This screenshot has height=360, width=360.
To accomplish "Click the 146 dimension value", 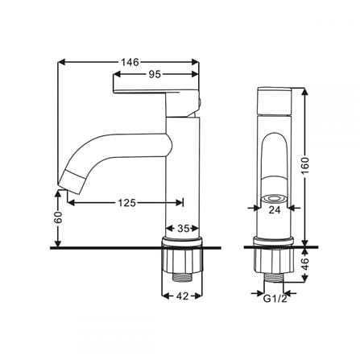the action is click(x=130, y=62).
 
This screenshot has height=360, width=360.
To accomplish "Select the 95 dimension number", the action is click(x=155, y=74).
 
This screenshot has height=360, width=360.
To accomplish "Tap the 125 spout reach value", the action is click(x=127, y=203).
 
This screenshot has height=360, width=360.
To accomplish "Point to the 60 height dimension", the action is click(x=58, y=217).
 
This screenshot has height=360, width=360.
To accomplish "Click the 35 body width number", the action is click(x=184, y=229).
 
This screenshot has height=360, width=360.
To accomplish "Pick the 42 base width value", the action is click(x=182, y=296).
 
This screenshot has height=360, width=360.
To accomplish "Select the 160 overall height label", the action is click(x=305, y=166).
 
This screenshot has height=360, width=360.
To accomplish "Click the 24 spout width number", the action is click(x=275, y=209).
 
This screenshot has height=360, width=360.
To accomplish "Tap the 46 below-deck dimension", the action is click(x=305, y=264).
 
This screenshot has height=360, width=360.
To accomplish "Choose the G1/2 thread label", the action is click(x=275, y=299).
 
